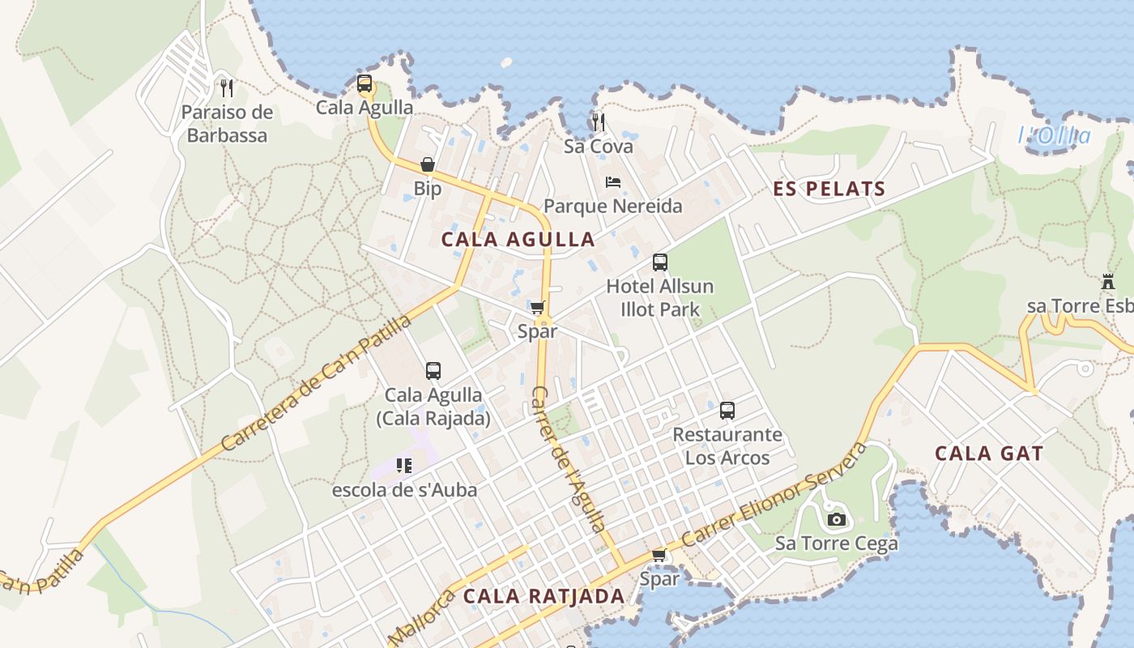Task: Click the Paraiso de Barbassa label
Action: point(227,124)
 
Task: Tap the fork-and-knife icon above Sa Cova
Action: point(599,122)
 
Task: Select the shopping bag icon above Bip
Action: point(428,165)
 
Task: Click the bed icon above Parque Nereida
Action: point(613,182)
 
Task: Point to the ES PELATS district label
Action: point(829,190)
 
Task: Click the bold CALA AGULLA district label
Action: point(518,240)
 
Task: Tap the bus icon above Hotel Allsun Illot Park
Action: point(660,262)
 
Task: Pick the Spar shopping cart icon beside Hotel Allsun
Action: point(537,308)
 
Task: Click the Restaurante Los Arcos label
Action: point(727,446)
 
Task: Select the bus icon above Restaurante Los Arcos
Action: point(727,411)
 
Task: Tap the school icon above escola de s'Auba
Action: point(404,466)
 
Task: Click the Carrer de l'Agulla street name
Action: point(568,459)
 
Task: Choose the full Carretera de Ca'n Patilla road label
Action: point(315,382)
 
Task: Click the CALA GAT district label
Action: point(989,454)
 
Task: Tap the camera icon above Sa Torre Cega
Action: point(837,519)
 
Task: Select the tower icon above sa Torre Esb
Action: point(1108,283)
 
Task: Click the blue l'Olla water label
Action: point(1054,136)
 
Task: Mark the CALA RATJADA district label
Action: point(544,597)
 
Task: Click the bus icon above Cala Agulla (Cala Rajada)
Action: point(433,371)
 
